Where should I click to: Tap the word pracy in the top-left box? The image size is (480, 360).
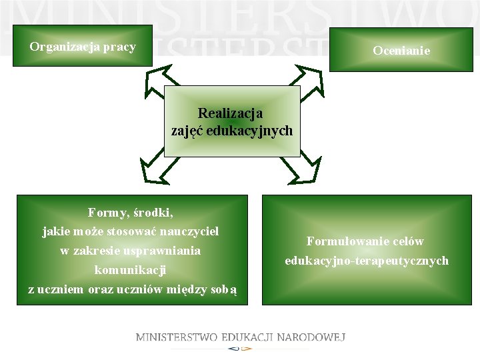[x=119, y=47]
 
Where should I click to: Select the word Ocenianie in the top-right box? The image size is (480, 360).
[x=401, y=51]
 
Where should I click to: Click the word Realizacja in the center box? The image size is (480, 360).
[x=230, y=114]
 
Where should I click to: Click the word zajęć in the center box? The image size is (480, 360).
[x=187, y=131]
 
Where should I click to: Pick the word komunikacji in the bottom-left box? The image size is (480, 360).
[x=130, y=271]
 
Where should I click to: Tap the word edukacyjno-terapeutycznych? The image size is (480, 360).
[x=367, y=261]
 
